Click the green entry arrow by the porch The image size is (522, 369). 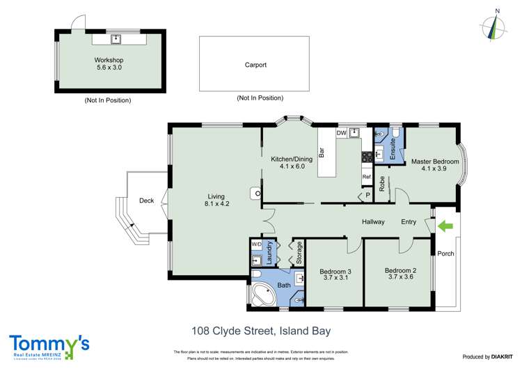click(x=444, y=226)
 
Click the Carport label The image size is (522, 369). click(x=255, y=65)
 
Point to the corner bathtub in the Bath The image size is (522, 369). click(x=262, y=295)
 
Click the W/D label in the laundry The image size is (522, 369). click(x=256, y=245)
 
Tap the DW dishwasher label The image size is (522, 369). click(x=341, y=133)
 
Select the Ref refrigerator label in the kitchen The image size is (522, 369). click(x=366, y=178)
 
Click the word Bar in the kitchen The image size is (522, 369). click(x=322, y=151)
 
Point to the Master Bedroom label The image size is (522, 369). click(x=440, y=162)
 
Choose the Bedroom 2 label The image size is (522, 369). click(x=400, y=270)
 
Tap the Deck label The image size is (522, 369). click(x=146, y=201)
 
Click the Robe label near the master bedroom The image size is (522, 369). click(x=382, y=183)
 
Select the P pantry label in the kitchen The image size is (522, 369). click(x=367, y=196)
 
